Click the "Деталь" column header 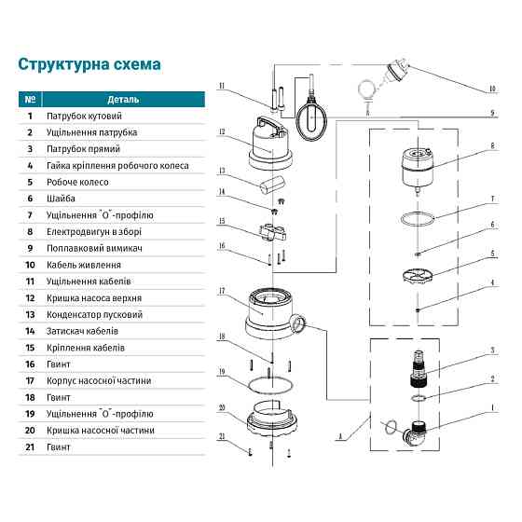[x=124, y=99]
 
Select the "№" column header [x=31, y=99]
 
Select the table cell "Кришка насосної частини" [x=105, y=431]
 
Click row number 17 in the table [x=31, y=380]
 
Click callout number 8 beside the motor [x=491, y=146]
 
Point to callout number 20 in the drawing [x=223, y=408]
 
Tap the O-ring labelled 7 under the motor [x=420, y=220]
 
